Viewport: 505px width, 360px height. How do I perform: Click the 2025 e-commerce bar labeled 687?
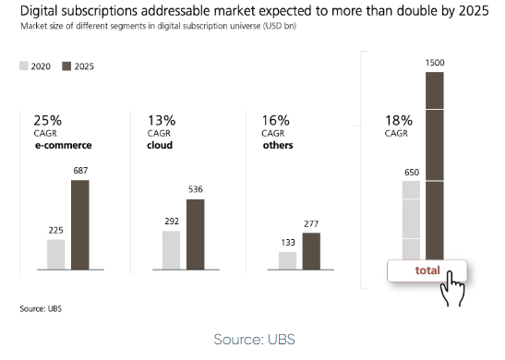(79, 224)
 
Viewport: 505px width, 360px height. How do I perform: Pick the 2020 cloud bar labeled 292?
(171, 250)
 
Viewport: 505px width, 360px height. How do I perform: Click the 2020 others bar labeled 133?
(287, 261)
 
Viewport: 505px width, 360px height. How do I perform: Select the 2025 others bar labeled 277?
(311, 251)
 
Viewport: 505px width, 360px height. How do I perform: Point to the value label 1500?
(435, 62)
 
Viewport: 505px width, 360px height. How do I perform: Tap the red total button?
(427, 270)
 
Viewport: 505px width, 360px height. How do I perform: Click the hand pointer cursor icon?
(451, 287)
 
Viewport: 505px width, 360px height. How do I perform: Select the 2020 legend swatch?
(24, 66)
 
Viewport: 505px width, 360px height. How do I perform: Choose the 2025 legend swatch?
(66, 66)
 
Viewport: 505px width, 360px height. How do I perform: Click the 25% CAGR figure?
(47, 120)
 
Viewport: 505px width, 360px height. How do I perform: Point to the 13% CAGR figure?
(161, 120)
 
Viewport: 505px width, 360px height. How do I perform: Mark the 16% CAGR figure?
(275, 120)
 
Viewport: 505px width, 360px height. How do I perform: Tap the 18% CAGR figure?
(398, 120)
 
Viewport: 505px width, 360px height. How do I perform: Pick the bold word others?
(277, 145)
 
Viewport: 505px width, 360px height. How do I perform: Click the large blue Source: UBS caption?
(252, 339)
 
